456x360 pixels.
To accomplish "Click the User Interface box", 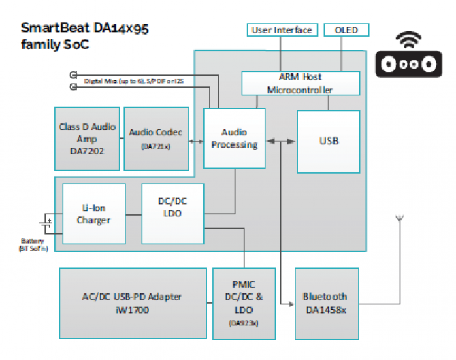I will (282, 30).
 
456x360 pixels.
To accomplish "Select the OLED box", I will (346, 30).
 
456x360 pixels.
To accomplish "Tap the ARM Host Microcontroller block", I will (300, 84).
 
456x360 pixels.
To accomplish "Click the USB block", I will (329, 142).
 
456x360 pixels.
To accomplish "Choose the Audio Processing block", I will (234, 139).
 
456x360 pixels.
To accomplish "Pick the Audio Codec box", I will (156, 138).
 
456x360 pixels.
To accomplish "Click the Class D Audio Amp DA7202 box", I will (87, 138).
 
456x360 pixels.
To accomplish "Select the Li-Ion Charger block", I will (94, 214).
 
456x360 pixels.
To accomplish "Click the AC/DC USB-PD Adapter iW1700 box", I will (133, 303).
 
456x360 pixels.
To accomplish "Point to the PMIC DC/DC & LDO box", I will (244, 303).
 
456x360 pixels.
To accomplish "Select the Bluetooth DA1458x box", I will (325, 303).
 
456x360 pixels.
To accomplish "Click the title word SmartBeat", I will (49, 29).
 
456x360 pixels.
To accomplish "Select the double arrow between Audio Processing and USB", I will (281, 142).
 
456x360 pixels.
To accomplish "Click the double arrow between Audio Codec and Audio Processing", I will (197, 142).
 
